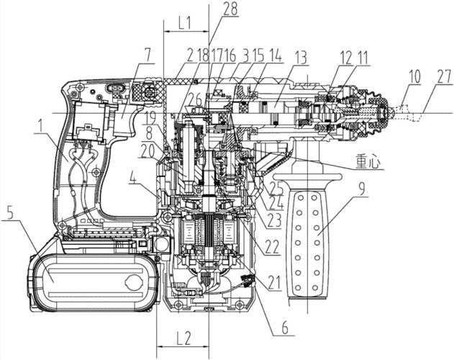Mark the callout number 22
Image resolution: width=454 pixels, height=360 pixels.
tap(271, 245)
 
